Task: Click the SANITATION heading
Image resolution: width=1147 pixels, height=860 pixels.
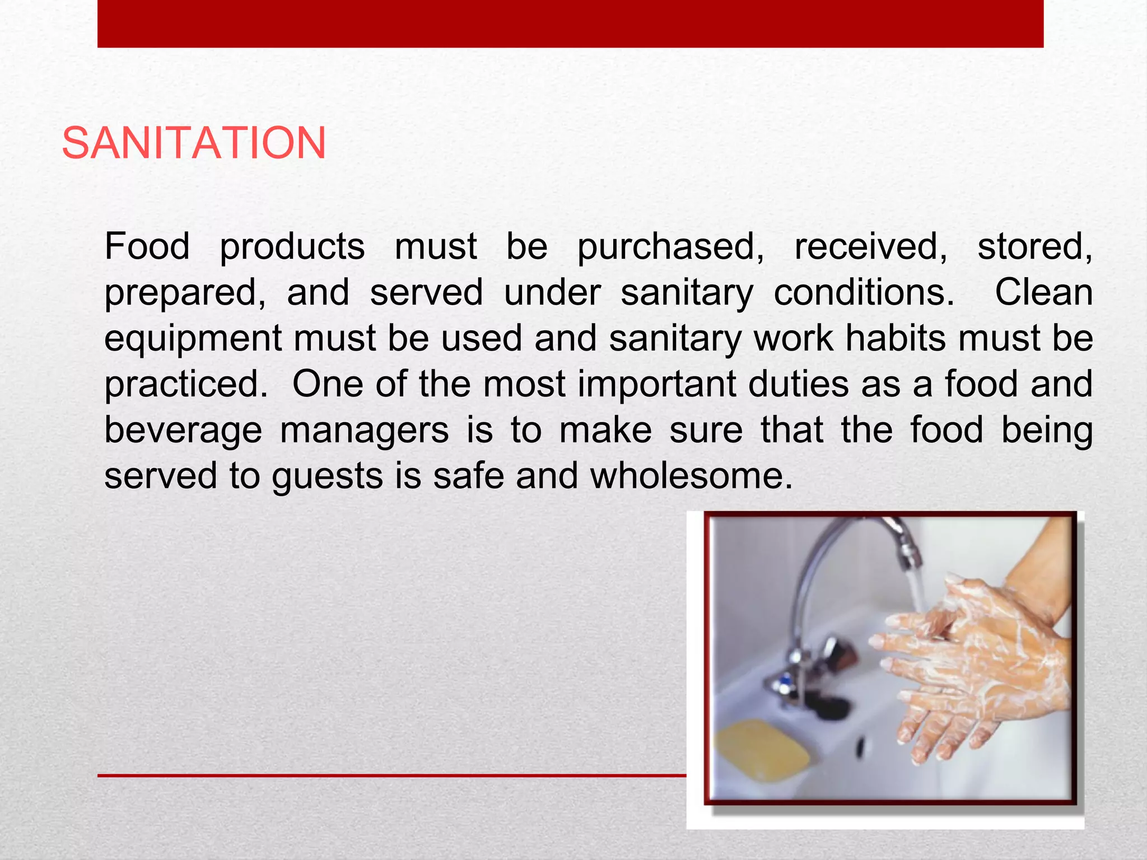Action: [x=194, y=143]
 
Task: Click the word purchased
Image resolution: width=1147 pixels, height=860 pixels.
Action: [x=670, y=247]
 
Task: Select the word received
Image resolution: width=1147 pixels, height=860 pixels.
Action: [x=871, y=247]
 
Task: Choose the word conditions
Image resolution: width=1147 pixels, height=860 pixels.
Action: [x=864, y=293]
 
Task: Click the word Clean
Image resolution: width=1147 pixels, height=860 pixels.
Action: [x=1043, y=292]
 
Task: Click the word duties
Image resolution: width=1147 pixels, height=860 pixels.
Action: [x=798, y=384]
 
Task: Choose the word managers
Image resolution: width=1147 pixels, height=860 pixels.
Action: [x=364, y=431]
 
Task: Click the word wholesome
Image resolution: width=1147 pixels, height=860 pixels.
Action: [x=691, y=476]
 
